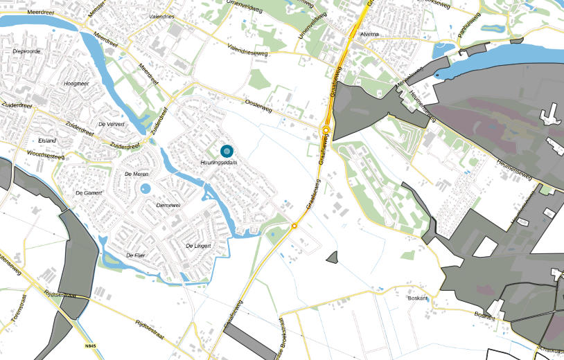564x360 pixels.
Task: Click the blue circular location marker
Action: (227, 150)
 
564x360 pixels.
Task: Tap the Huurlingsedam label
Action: (219, 162)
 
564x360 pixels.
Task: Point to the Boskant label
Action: (418, 298)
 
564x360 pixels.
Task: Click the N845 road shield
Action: (90, 345)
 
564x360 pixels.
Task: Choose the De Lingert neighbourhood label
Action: (197, 246)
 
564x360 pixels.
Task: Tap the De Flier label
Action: (137, 255)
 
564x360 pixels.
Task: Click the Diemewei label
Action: (169, 206)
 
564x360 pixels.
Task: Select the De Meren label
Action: (136, 174)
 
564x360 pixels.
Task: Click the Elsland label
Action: (47, 141)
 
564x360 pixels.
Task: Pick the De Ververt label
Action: (111, 124)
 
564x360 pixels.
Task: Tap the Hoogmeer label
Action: (76, 83)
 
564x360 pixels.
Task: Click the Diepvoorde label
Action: (28, 51)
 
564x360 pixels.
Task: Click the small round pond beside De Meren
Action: (145, 189)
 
